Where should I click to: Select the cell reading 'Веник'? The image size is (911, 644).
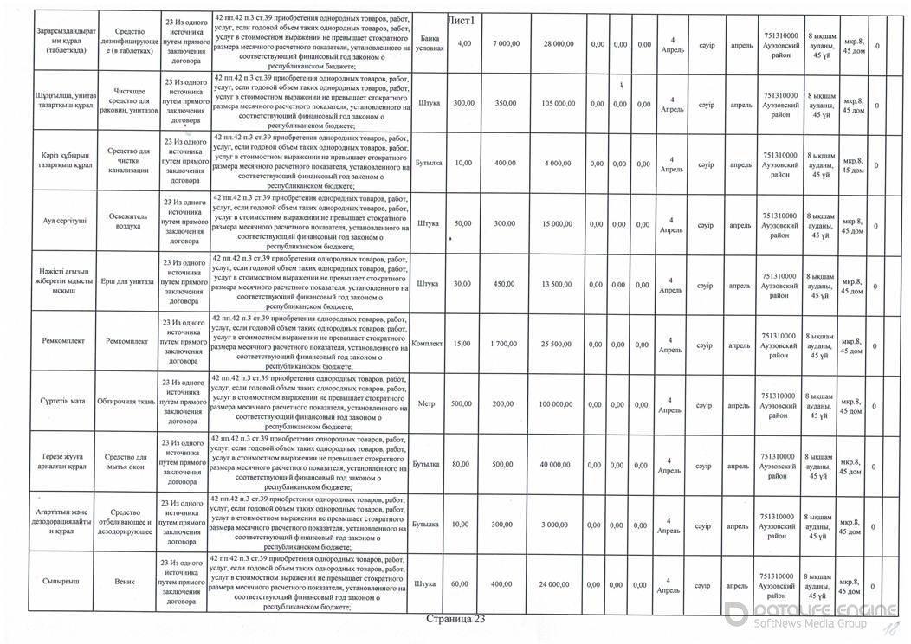pyautogui.click(x=126, y=583)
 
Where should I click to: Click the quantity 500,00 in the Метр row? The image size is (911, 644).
pyautogui.click(x=463, y=403)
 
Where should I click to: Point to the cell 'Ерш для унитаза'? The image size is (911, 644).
pyautogui.click(x=126, y=283)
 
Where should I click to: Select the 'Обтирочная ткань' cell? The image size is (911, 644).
pyautogui.click(x=126, y=403)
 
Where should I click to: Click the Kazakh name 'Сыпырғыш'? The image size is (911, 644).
pyautogui.click(x=61, y=583)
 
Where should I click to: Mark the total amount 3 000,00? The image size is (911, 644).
pyautogui.click(x=557, y=525)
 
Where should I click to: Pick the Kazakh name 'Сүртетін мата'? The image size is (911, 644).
pyautogui.click(x=61, y=403)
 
